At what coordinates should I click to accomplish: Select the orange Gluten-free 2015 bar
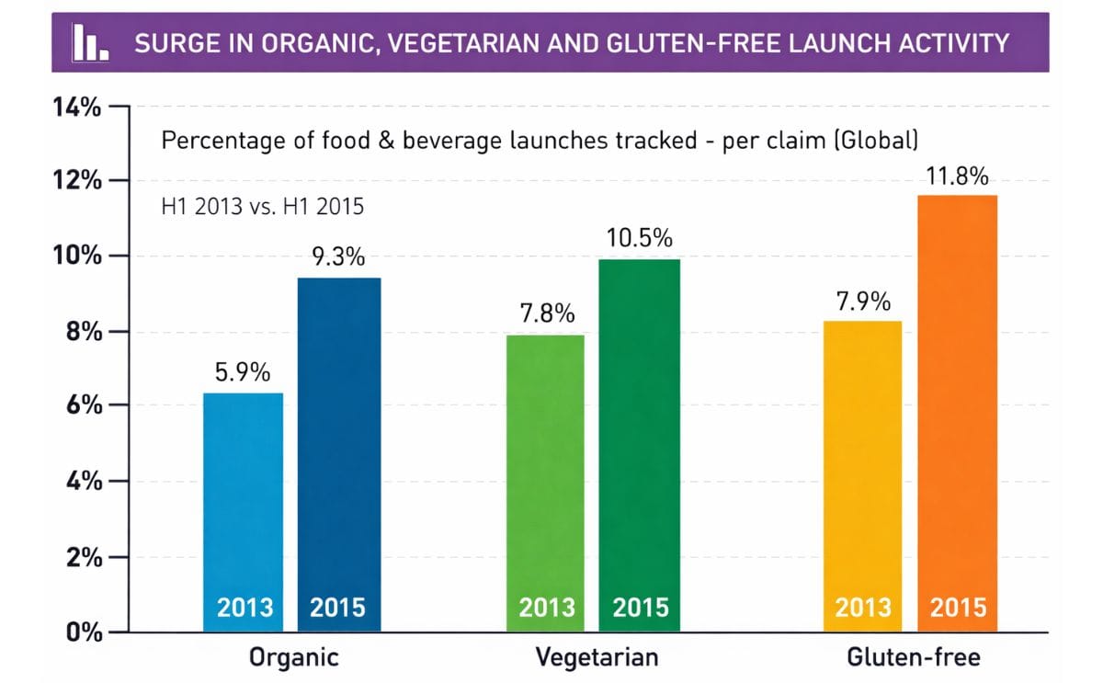tap(957, 414)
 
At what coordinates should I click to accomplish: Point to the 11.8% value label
tap(957, 176)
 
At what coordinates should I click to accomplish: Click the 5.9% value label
tap(243, 373)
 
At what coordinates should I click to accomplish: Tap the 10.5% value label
tap(639, 239)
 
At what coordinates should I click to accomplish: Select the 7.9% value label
tap(862, 302)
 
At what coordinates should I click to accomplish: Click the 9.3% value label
tap(338, 257)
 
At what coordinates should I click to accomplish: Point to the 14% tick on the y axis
tap(77, 107)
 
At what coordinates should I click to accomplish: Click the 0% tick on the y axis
tap(83, 632)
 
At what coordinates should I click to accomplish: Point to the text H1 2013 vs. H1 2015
tap(262, 206)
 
